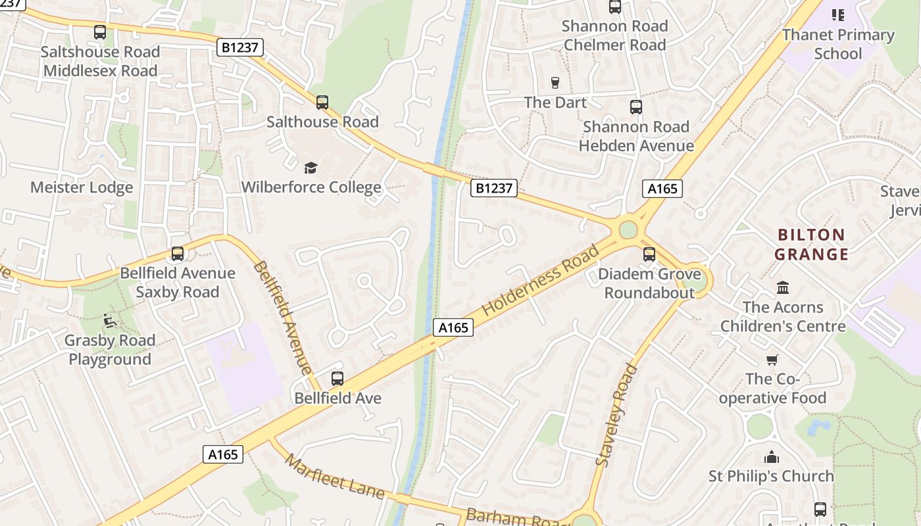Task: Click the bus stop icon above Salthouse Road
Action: (322, 103)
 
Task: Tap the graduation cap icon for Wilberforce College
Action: (311, 168)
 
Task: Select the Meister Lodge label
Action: (82, 187)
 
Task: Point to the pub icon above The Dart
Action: (555, 83)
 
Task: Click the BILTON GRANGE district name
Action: (810, 245)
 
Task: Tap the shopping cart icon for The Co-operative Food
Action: (772, 360)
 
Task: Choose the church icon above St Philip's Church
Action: (771, 457)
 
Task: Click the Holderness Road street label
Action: (541, 281)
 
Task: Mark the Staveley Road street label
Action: (616, 416)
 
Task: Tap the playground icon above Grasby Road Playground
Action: (110, 321)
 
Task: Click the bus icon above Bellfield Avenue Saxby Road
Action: (177, 254)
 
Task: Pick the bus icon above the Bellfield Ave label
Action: (337, 379)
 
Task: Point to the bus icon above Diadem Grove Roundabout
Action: (649, 254)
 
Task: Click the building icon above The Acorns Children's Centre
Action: (783, 287)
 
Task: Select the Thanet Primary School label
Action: (837, 44)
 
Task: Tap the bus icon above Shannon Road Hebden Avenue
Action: (635, 107)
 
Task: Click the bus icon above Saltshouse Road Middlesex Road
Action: (100, 32)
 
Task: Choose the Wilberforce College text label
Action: (311, 187)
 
